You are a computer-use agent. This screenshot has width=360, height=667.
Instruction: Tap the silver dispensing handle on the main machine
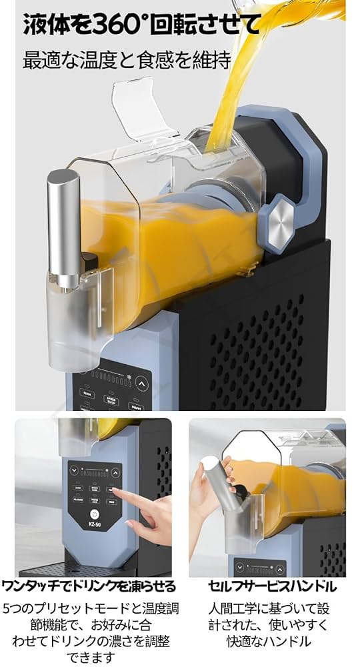63,227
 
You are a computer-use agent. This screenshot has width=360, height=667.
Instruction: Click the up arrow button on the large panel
141,384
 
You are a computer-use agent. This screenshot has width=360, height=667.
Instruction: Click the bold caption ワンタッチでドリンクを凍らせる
89,587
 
